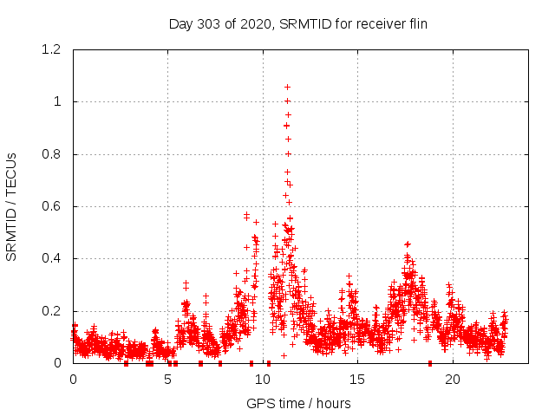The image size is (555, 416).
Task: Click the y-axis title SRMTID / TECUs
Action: [x=11, y=206]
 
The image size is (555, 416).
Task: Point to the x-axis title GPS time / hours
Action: [x=298, y=403]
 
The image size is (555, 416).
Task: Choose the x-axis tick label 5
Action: [x=168, y=379]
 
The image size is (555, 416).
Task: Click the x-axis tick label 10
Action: [x=263, y=379]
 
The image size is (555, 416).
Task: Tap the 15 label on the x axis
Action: [x=358, y=379]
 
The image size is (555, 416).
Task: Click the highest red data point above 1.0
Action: [x=287, y=87]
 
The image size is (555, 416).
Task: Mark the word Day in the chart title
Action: [x=180, y=23]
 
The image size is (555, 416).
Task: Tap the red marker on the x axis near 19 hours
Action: [x=430, y=363]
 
